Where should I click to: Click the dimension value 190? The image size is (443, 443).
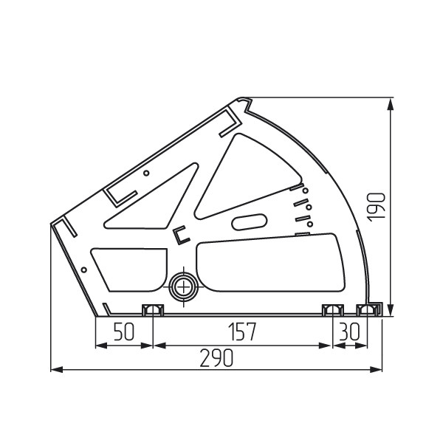[376, 207]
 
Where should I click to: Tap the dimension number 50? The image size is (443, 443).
[123, 332]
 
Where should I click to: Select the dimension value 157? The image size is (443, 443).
[242, 332]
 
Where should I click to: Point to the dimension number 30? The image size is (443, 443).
[349, 332]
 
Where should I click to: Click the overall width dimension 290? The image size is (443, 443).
[216, 358]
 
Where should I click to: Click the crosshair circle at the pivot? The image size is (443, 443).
[184, 287]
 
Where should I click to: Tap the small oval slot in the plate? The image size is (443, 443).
[250, 222]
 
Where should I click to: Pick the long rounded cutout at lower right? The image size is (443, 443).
[270, 263]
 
